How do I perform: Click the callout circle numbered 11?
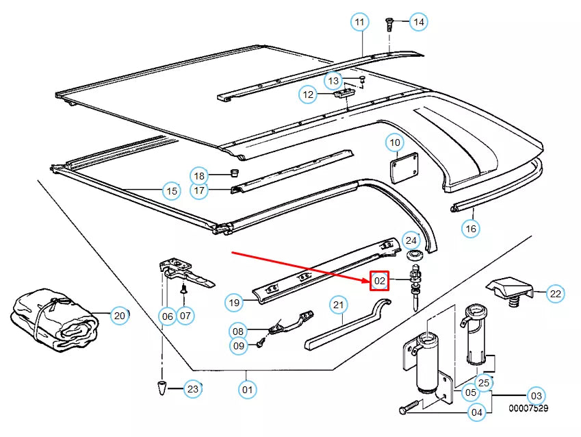pos(359,23)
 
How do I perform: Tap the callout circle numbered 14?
pos(418,23)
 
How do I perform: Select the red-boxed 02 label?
pos(380,281)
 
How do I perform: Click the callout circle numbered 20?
pos(120,316)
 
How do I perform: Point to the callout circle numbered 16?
pos(470,228)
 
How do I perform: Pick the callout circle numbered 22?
pos(556,294)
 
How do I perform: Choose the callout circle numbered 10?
pos(394,143)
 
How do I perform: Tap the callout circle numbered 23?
pos(193,390)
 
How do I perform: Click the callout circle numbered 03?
pos(536,395)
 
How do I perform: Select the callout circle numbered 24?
pos(411,240)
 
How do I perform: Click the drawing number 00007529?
pos(528,408)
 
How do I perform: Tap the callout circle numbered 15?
pos(170,191)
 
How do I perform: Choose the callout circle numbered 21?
pos(338,305)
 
